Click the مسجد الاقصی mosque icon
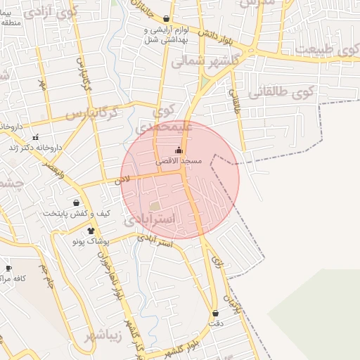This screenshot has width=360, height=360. point(179,150)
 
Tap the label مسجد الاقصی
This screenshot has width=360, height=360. point(179,161)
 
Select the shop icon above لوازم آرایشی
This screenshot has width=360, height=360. point(166,19)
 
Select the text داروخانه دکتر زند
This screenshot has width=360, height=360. point(46,148)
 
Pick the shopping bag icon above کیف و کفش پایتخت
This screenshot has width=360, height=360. point(75,202)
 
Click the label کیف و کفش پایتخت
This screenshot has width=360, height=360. point(72,213)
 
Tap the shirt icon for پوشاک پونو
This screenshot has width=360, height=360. point(91,230)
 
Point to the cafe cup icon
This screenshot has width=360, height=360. point(8,268)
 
